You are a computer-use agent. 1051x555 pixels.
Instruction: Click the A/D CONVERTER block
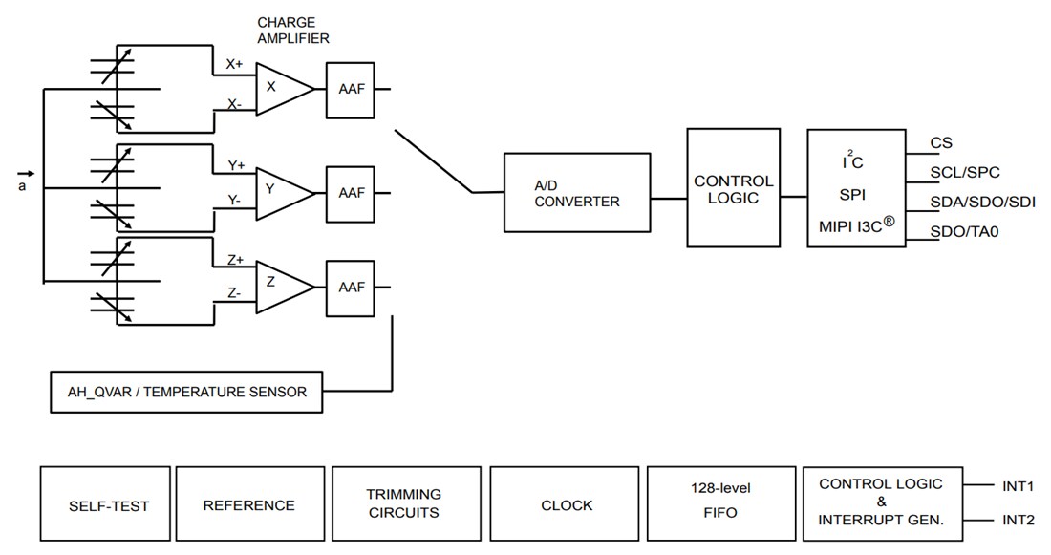(x=577, y=193)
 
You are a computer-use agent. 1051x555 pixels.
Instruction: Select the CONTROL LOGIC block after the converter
(x=733, y=189)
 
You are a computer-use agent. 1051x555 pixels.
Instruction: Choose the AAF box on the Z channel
(x=352, y=286)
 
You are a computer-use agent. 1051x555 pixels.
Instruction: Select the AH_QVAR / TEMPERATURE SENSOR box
(x=185, y=392)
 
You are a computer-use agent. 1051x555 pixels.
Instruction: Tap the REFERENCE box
(x=248, y=504)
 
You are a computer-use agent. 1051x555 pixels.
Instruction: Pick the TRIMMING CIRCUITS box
(x=405, y=504)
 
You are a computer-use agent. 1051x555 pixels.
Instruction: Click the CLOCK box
(x=566, y=504)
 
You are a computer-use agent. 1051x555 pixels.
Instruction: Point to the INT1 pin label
(x=1019, y=486)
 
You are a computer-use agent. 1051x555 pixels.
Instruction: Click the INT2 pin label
(x=1019, y=522)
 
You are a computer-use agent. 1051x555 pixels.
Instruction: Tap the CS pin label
(x=941, y=143)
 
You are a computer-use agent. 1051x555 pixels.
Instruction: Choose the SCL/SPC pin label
(x=965, y=173)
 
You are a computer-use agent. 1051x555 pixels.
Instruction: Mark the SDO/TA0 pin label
(x=967, y=231)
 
